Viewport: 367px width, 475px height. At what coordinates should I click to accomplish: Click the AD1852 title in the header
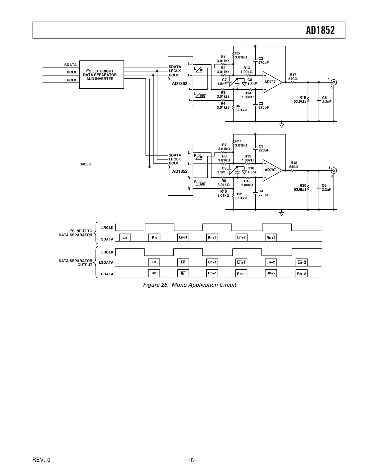tap(320, 30)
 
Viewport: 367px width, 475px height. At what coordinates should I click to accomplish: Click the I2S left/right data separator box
tap(101, 75)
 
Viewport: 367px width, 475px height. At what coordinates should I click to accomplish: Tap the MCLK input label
tap(86, 164)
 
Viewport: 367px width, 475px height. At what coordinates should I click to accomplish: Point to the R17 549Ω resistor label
tap(293, 77)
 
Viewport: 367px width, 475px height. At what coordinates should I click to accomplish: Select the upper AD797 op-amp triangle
tap(271, 82)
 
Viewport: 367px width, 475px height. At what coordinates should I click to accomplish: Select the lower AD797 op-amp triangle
tap(271, 170)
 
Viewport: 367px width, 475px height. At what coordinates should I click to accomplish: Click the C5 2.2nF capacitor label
tap(326, 100)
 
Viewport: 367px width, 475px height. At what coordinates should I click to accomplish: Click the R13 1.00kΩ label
tap(246, 70)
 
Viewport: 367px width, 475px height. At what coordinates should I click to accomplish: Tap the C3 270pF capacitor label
tap(263, 148)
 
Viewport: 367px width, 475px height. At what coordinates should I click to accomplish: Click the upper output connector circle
tap(334, 82)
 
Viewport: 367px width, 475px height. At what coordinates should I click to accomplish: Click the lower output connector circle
tap(334, 171)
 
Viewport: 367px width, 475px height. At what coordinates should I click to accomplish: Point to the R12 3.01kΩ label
tap(241, 196)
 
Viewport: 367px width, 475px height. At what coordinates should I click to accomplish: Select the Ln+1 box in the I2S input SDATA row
tap(183, 238)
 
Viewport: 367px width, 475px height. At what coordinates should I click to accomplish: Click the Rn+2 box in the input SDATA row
tap(271, 238)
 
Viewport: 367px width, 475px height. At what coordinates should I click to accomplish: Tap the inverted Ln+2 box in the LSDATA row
tap(302, 262)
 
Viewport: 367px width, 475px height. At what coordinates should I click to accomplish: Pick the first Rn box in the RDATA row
tap(154, 273)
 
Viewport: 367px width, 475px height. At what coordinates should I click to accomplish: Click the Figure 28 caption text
tap(190, 285)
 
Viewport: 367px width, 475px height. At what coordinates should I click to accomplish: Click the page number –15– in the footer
tap(191, 460)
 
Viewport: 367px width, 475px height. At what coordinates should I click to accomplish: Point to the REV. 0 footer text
tap(42, 460)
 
